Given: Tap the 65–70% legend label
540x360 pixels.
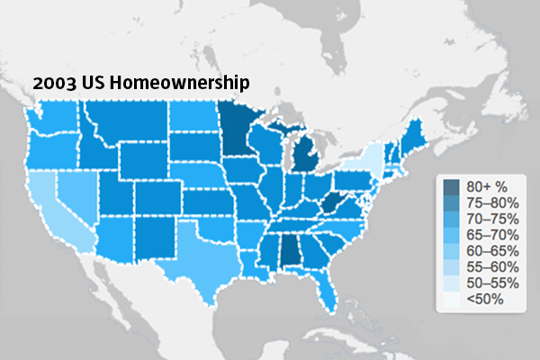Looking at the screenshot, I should click(489, 233).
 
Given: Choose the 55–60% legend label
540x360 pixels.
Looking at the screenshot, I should click(489, 265).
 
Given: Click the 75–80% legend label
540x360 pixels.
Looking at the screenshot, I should click(489, 202).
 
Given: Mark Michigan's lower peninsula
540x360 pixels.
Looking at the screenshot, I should click(307, 157).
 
